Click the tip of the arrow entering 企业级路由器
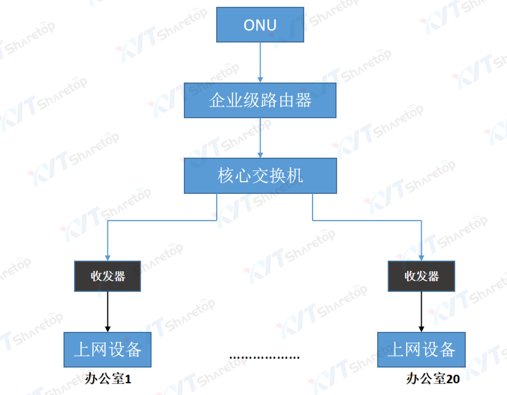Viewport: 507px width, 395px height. click(260, 83)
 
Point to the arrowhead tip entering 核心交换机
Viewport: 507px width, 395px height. click(260, 158)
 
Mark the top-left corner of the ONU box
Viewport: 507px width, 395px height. click(217, 7)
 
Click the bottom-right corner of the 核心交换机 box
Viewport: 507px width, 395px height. click(337, 193)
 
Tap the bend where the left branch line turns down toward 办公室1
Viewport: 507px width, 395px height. click(108, 221)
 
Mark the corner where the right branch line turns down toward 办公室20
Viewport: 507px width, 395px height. click(421, 221)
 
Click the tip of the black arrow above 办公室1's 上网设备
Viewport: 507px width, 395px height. click(108, 332)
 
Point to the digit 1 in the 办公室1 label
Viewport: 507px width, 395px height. click(128, 379)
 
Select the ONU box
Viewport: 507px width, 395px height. click(260, 25)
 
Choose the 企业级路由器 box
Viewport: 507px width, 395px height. click(260, 101)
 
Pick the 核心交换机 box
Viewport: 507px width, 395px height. click(260, 176)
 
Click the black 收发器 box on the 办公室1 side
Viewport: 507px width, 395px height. click(108, 276)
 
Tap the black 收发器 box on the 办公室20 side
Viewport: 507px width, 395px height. click(421, 276)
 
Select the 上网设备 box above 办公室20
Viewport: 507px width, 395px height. click(421, 350)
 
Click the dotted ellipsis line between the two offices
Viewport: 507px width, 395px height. click(264, 358)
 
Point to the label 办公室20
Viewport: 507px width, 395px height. click(433, 379)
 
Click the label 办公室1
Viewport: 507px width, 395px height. click(108, 379)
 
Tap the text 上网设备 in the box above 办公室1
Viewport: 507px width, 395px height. click(108, 350)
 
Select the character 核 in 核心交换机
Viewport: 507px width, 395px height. click(226, 176)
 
